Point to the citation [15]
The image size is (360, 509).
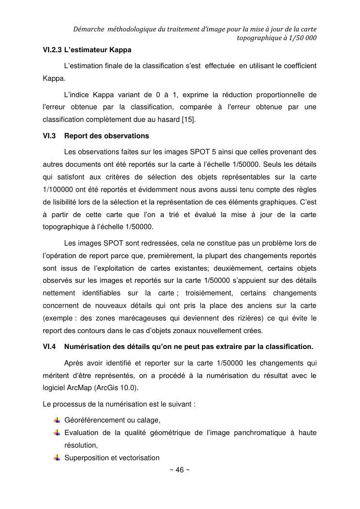point(189,119)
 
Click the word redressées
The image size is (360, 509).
point(146,242)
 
